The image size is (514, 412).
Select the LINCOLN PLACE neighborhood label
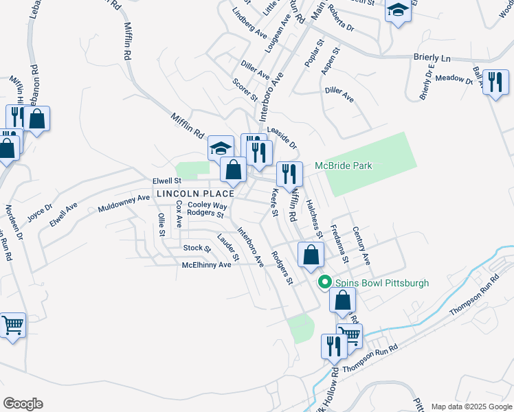[x=190, y=194]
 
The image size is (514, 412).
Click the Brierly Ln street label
[x=432, y=59]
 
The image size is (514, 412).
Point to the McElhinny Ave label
[x=206, y=265]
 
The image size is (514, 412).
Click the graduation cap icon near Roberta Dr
[x=398, y=12]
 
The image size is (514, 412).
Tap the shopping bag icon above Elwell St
[x=234, y=170]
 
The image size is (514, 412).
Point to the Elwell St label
[x=166, y=181]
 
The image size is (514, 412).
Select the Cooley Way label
[x=208, y=205]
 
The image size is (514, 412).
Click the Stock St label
[x=197, y=248]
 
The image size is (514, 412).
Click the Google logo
[x=23, y=404]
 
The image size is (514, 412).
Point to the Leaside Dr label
[x=282, y=137]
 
